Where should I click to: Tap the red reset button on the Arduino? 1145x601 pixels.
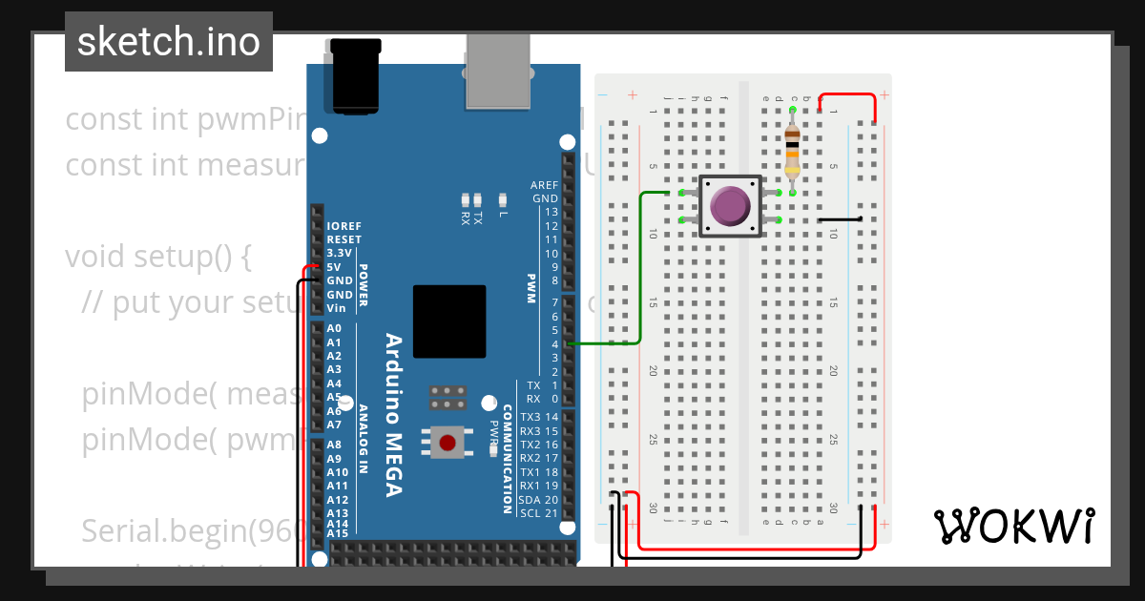point(448,442)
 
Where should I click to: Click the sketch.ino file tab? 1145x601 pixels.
point(169,42)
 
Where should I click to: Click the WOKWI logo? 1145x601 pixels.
point(1013,526)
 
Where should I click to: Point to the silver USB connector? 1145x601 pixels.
point(497,71)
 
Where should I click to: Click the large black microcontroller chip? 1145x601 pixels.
point(449,321)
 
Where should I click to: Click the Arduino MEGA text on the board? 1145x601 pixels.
point(392,414)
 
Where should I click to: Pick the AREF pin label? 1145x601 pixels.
point(544,185)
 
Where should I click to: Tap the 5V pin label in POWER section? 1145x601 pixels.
point(334,267)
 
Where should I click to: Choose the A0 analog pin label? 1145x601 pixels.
point(334,328)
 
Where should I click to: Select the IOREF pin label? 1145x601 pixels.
point(343,227)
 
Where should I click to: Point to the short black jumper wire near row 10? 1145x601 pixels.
point(841,219)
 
